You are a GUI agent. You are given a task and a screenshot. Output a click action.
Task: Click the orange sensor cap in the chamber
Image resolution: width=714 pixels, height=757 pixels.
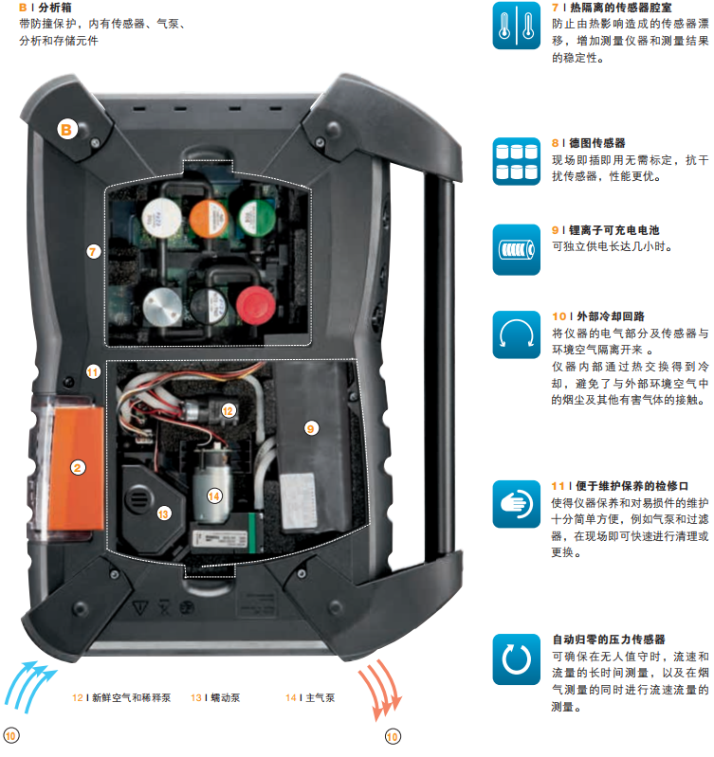(209, 219)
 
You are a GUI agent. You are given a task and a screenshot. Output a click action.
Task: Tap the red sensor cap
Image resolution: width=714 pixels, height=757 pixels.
(256, 305)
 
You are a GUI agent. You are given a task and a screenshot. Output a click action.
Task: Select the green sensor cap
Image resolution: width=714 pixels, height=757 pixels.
(257, 218)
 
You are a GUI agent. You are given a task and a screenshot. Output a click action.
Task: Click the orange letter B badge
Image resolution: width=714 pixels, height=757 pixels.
(66, 130)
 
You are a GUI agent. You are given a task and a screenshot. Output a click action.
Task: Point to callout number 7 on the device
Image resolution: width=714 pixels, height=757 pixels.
(93, 251)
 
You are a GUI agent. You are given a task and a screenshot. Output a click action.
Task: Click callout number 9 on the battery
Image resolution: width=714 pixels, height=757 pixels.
(311, 428)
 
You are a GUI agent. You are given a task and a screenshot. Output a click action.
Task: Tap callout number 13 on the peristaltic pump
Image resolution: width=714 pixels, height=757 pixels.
(163, 514)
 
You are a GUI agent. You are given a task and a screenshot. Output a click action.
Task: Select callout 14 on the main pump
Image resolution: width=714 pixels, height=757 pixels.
(214, 496)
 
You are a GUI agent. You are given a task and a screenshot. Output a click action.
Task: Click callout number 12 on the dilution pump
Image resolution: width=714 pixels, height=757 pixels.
(228, 411)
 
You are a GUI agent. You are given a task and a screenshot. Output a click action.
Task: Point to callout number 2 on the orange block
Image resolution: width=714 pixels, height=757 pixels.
(78, 467)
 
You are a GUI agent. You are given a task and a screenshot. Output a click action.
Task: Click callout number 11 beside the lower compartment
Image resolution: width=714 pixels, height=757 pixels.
(93, 372)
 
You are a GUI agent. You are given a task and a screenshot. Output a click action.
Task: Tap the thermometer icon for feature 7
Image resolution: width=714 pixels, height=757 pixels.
(517, 26)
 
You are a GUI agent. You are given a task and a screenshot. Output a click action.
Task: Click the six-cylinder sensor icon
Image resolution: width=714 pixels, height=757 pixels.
(517, 161)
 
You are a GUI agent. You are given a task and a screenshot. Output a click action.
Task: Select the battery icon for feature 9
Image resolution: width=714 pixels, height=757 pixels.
(517, 249)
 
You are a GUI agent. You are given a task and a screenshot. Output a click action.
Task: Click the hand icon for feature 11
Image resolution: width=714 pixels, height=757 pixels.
(517, 504)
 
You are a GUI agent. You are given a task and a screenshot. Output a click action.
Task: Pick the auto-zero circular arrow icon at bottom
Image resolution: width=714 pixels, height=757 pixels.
(517, 659)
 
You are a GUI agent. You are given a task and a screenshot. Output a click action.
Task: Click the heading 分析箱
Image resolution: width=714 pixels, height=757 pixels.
(55, 8)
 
